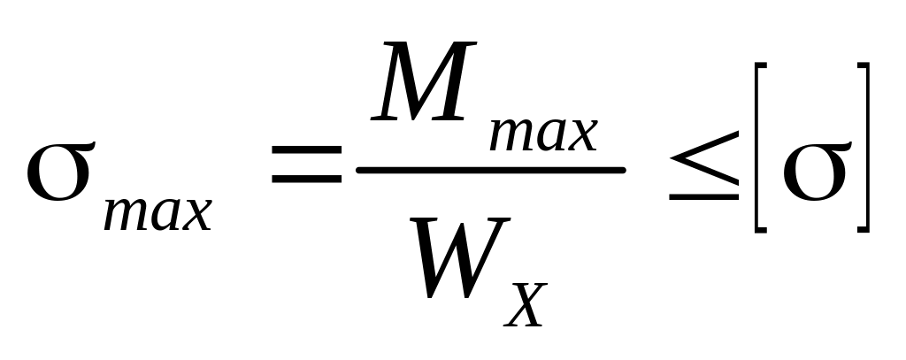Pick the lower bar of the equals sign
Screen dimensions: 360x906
coord(306,180)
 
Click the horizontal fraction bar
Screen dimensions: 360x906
coord(491,168)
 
